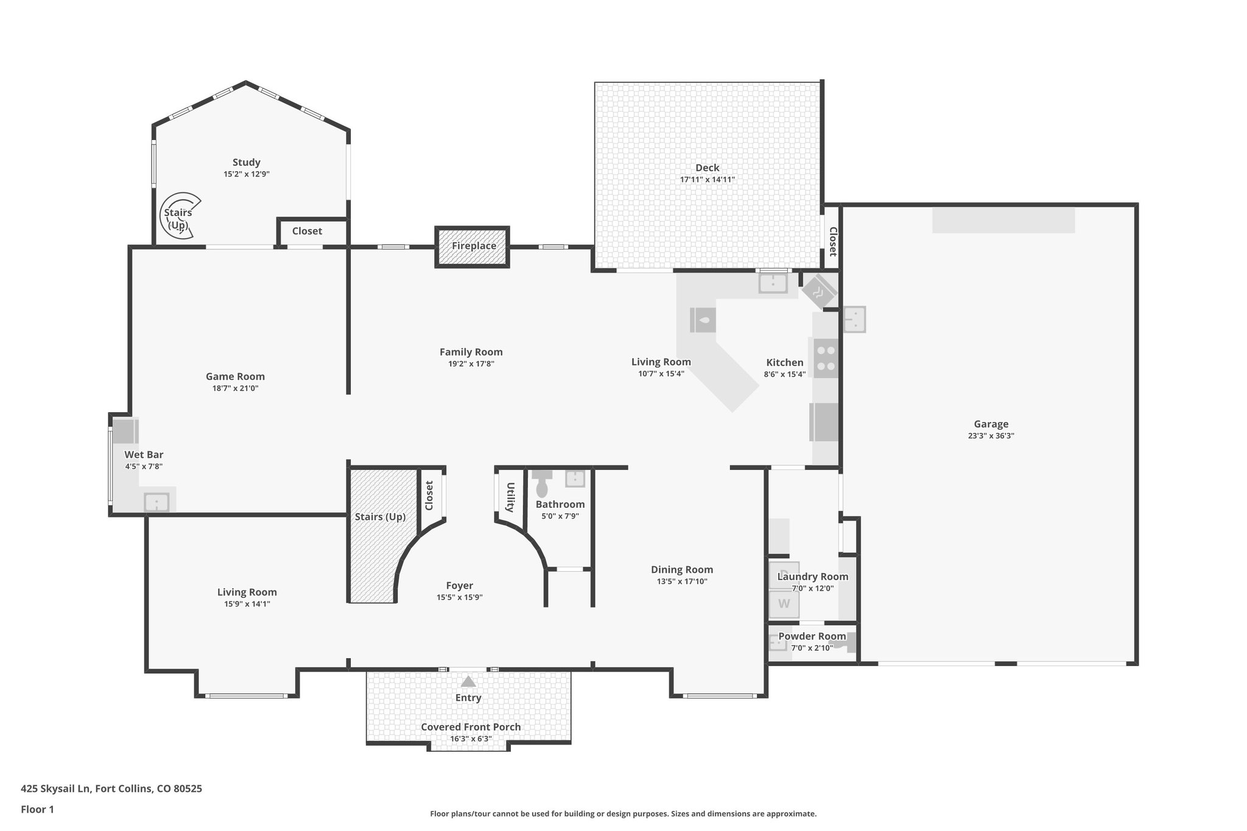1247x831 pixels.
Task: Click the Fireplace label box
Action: [x=472, y=247]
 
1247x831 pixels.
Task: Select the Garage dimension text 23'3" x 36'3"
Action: [x=991, y=436]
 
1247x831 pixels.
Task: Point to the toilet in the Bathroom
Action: [x=541, y=483]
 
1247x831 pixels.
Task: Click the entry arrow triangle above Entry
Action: [x=468, y=681]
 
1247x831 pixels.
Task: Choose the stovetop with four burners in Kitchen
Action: [x=826, y=358]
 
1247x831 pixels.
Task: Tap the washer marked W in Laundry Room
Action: [x=784, y=604]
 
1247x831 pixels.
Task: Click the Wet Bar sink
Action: [x=156, y=502]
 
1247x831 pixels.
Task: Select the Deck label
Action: [x=708, y=168]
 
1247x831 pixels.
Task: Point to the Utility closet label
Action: [x=510, y=497]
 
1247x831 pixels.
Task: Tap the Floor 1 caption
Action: [x=37, y=809]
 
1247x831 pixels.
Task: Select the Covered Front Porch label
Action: [x=471, y=727]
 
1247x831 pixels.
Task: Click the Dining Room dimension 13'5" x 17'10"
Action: [x=682, y=581]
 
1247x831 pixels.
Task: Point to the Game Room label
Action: [x=235, y=376]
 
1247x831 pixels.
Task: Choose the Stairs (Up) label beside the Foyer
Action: [x=380, y=517]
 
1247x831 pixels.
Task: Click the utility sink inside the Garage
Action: [x=854, y=319]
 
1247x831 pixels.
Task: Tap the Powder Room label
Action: [x=812, y=636]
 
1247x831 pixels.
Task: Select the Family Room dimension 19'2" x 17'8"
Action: [x=471, y=364]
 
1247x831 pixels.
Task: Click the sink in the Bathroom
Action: [x=575, y=479]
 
